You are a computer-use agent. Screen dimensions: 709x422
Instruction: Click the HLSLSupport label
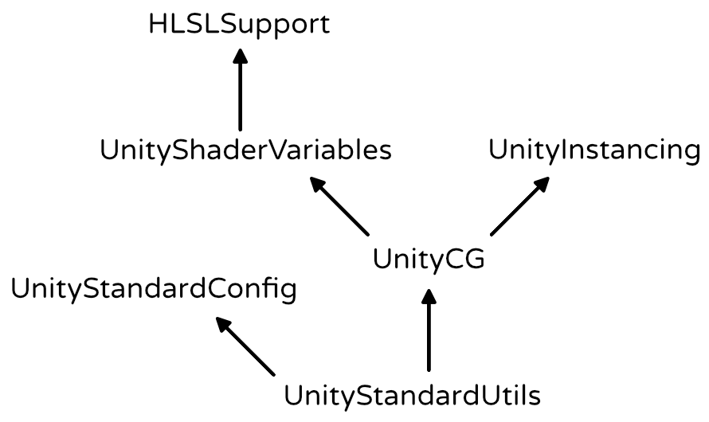tap(239, 25)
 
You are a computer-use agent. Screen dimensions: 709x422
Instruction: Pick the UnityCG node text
tap(429, 260)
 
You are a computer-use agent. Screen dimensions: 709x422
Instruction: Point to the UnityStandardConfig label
tap(154, 290)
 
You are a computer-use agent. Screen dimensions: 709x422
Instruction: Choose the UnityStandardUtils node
tap(412, 397)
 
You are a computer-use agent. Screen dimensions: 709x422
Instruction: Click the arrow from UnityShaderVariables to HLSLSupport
tap(240, 89)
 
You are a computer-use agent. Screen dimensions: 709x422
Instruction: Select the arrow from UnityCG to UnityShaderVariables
tap(339, 206)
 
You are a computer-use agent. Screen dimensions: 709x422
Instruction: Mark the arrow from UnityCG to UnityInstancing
tap(520, 206)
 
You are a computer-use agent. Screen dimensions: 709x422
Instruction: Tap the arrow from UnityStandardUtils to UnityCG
tap(429, 330)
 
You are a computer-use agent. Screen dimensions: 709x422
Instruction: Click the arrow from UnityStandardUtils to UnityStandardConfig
tap(245, 346)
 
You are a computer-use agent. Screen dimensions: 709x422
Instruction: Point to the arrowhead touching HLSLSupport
tap(240, 56)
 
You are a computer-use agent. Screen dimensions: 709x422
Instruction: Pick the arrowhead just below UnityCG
tap(429, 297)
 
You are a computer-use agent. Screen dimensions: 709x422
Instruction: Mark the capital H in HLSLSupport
tap(158, 25)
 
